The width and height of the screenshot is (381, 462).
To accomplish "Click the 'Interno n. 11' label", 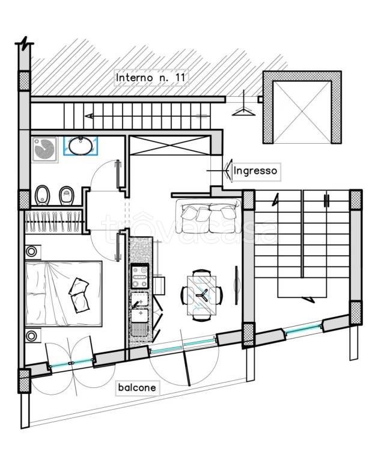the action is pyautogui.click(x=151, y=78).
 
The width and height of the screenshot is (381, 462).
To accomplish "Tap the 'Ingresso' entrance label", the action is pyautogui.click(x=255, y=171).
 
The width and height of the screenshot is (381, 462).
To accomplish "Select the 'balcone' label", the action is pyautogui.click(x=137, y=387).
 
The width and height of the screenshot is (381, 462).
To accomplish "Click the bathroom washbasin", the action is pyautogui.click(x=80, y=146).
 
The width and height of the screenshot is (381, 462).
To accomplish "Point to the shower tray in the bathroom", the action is pyautogui.click(x=44, y=149).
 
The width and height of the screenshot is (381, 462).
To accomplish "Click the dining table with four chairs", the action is pyautogui.click(x=202, y=295).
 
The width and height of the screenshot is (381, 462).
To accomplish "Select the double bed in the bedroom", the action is pyautogui.click(x=64, y=294).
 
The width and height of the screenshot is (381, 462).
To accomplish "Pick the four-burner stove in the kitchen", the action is pyautogui.click(x=140, y=276).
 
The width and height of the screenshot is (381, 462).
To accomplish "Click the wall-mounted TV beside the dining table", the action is pyautogui.click(x=236, y=285).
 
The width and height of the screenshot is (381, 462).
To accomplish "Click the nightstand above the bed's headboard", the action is pyautogui.click(x=31, y=252).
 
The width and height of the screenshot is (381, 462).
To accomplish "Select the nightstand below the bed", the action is pyautogui.click(x=31, y=335).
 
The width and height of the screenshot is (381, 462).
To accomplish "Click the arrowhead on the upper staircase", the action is pyautogui.click(x=89, y=115).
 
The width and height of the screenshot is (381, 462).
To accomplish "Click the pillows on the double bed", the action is pyautogui.click(x=79, y=295).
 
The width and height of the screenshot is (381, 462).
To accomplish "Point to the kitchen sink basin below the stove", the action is pyautogui.click(x=140, y=315).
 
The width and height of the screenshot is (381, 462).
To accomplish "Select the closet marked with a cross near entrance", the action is pyautogui.click(x=170, y=145).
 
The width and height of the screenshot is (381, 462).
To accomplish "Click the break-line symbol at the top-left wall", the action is pyautogui.click(x=25, y=43).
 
